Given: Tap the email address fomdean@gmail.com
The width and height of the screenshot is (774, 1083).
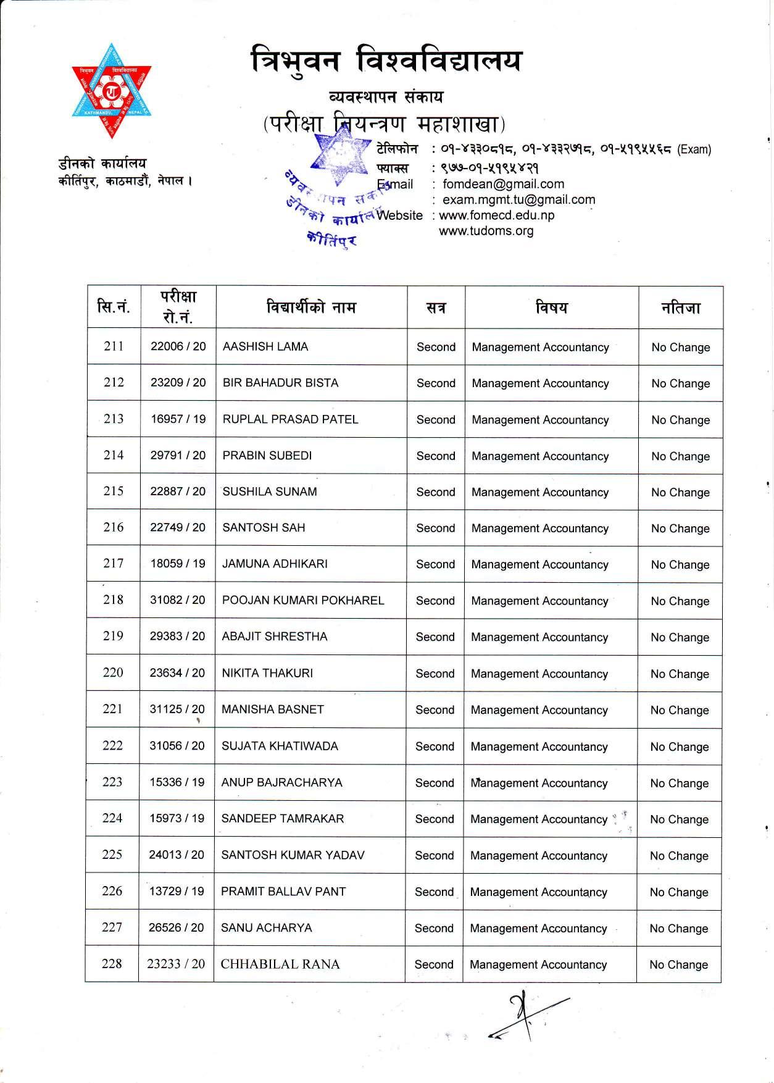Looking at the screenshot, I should pyautogui.click(x=503, y=184).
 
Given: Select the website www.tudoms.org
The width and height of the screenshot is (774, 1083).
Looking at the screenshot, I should pyautogui.click(x=486, y=231).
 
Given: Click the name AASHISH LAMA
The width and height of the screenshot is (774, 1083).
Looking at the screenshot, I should pyautogui.click(x=265, y=346).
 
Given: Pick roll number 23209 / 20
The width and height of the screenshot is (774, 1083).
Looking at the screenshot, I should pyautogui.click(x=178, y=383).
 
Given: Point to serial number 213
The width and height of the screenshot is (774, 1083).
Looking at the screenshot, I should pyautogui.click(x=114, y=419).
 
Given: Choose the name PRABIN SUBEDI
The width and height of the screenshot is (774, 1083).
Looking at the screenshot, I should pyautogui.click(x=267, y=456).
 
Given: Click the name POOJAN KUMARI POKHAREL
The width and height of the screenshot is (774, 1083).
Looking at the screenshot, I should pyautogui.click(x=303, y=600).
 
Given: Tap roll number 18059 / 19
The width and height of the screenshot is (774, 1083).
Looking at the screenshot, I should pyautogui.click(x=178, y=564).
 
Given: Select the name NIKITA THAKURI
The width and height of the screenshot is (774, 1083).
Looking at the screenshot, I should pyautogui.click(x=267, y=673).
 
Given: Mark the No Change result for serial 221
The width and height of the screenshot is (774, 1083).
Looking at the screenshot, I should pyautogui.click(x=680, y=710).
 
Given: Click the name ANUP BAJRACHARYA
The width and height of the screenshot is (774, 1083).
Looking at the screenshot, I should pyautogui.click(x=281, y=782).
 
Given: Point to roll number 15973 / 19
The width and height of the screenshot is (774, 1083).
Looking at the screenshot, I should pyautogui.click(x=177, y=819).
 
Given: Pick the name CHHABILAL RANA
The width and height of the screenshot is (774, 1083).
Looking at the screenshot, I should pyautogui.click(x=280, y=964).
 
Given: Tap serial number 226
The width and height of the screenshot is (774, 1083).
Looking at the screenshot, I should pyautogui.click(x=112, y=891).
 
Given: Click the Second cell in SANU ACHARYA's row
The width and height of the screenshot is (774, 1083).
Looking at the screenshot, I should pyautogui.click(x=434, y=928).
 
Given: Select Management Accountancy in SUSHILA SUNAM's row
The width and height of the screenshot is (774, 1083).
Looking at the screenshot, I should pyautogui.click(x=540, y=492).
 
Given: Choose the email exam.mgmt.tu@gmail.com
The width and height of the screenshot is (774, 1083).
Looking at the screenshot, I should pyautogui.click(x=519, y=199).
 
